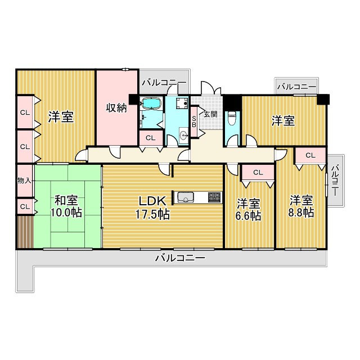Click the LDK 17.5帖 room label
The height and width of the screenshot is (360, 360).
point(152,208)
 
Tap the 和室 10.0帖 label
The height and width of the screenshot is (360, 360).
point(66,206)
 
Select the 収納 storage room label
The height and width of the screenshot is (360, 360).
point(116,107)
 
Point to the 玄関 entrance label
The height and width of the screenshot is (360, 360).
point(210,114)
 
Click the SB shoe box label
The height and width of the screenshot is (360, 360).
point(194,121)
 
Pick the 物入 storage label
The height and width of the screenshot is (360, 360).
point(24,181)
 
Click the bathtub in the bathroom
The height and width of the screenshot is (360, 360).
point(151,103)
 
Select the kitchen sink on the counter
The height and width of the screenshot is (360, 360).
point(184,197)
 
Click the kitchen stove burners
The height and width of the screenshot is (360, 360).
point(215,197)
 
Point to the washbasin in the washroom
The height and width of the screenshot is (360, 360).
point(183,136)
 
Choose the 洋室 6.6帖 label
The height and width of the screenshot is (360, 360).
point(249,210)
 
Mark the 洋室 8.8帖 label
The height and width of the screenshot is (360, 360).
point(301,206)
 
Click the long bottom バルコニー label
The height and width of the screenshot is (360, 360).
point(180,258)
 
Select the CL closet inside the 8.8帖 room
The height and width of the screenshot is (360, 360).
point(310,156)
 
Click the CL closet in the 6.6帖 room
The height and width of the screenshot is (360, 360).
point(258,173)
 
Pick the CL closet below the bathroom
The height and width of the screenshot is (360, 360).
point(151,138)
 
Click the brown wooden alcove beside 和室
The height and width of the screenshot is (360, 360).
point(25,232)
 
